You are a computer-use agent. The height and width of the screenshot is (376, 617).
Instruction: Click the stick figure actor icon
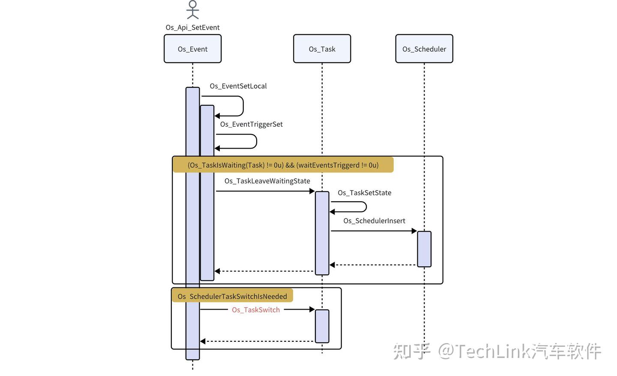click(193, 10)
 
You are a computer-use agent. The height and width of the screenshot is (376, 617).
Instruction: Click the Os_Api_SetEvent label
click(192, 27)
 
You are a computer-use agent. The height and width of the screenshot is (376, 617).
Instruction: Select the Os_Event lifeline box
click(192, 49)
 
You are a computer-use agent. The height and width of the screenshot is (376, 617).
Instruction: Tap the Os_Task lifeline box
click(322, 49)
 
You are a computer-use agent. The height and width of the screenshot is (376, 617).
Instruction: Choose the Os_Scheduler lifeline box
click(424, 49)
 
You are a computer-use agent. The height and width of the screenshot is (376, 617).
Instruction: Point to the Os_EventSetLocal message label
click(238, 86)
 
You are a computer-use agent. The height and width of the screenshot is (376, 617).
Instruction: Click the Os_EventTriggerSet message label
click(251, 124)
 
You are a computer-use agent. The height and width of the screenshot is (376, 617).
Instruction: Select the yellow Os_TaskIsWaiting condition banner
click(283, 165)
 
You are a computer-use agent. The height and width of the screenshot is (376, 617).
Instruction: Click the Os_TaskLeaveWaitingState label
click(267, 181)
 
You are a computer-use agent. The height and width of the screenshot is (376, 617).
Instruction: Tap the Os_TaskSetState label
click(364, 193)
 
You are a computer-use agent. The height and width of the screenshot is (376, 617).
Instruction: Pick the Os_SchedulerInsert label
click(374, 221)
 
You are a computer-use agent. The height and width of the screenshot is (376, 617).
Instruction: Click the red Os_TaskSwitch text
click(256, 310)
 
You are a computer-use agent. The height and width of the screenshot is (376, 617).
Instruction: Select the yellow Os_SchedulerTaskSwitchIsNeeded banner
click(232, 296)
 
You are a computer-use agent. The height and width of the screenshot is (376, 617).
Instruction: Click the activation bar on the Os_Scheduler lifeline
click(424, 249)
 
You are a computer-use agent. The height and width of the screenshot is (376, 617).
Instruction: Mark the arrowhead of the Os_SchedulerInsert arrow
click(414, 231)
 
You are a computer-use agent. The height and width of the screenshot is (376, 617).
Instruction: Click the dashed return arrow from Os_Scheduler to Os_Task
click(373, 265)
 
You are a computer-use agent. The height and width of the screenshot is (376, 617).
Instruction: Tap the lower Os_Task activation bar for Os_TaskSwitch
click(322, 326)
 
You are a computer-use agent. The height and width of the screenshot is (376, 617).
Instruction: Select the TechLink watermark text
click(497, 351)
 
